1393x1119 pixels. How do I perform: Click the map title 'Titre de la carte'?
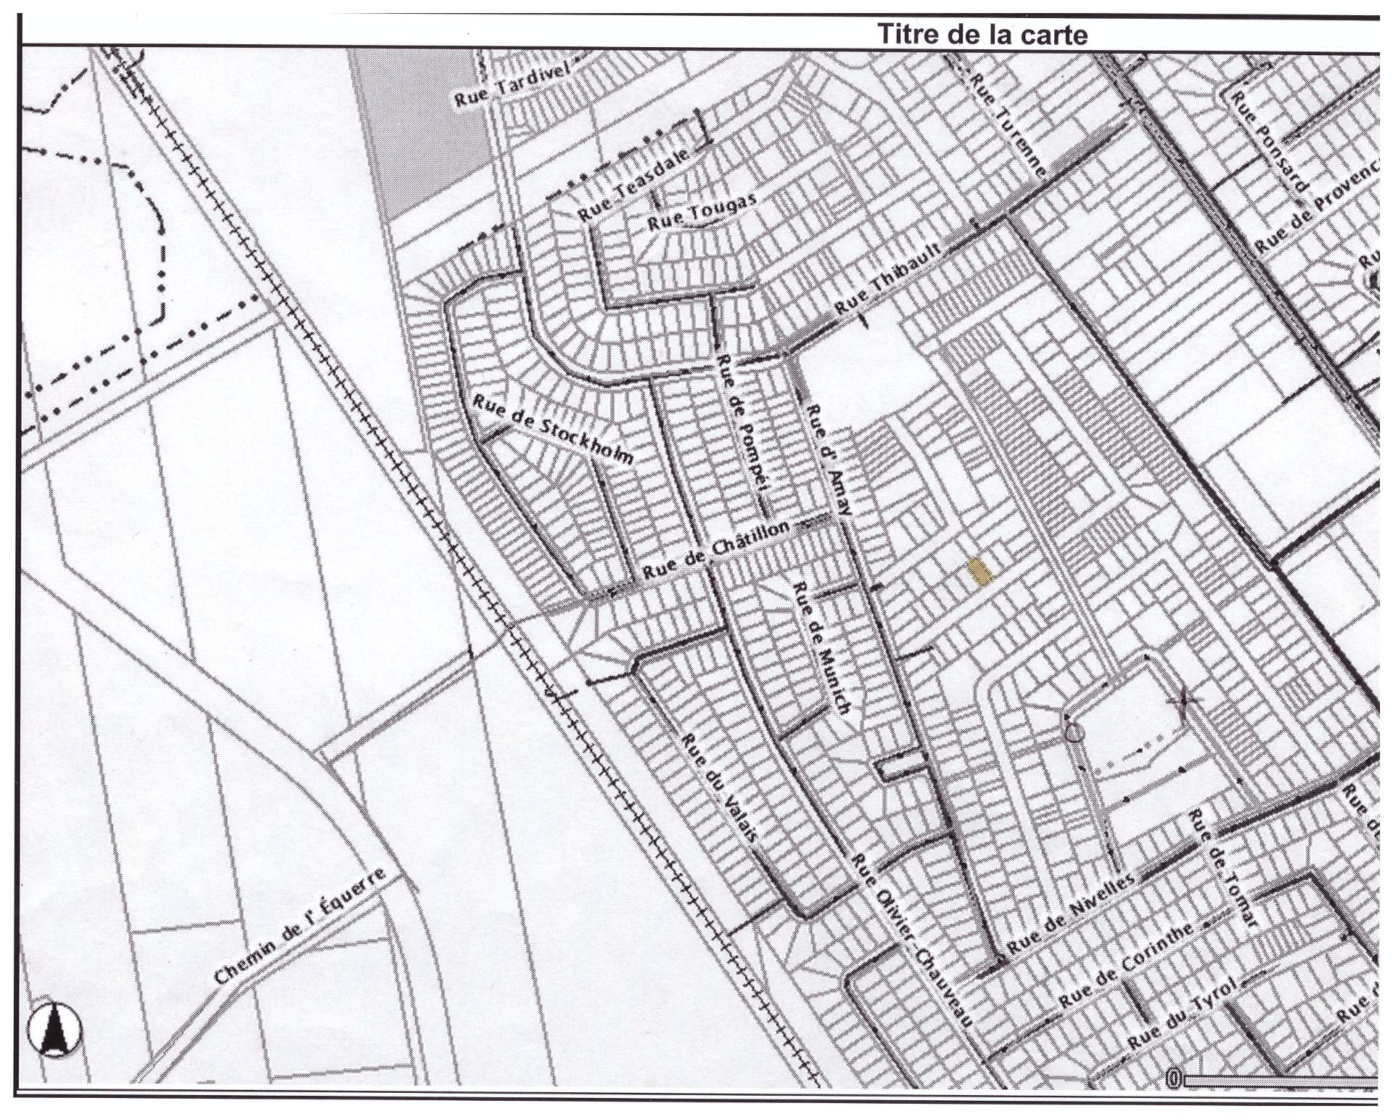click(x=982, y=33)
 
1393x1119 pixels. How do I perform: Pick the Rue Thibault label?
click(x=888, y=279)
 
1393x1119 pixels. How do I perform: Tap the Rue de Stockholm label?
click(x=554, y=429)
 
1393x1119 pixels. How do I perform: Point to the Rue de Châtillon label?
click(x=715, y=550)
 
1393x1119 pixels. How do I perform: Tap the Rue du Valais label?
click(x=720, y=787)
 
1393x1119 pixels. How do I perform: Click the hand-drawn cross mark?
click(x=1184, y=702)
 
